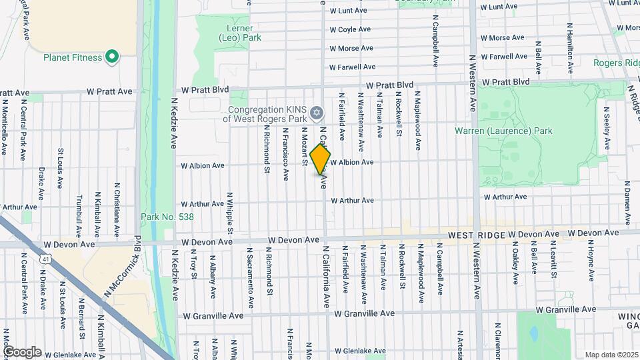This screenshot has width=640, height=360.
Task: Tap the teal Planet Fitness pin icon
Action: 112,57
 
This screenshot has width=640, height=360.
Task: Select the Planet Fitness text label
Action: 73,57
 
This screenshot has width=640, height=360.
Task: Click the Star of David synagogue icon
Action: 317,111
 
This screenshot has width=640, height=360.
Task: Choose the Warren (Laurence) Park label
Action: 503,131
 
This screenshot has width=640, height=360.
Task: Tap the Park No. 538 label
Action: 167,217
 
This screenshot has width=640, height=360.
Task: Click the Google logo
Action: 22,351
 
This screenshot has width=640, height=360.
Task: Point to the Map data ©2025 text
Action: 611,355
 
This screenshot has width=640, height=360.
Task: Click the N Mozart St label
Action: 304,145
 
